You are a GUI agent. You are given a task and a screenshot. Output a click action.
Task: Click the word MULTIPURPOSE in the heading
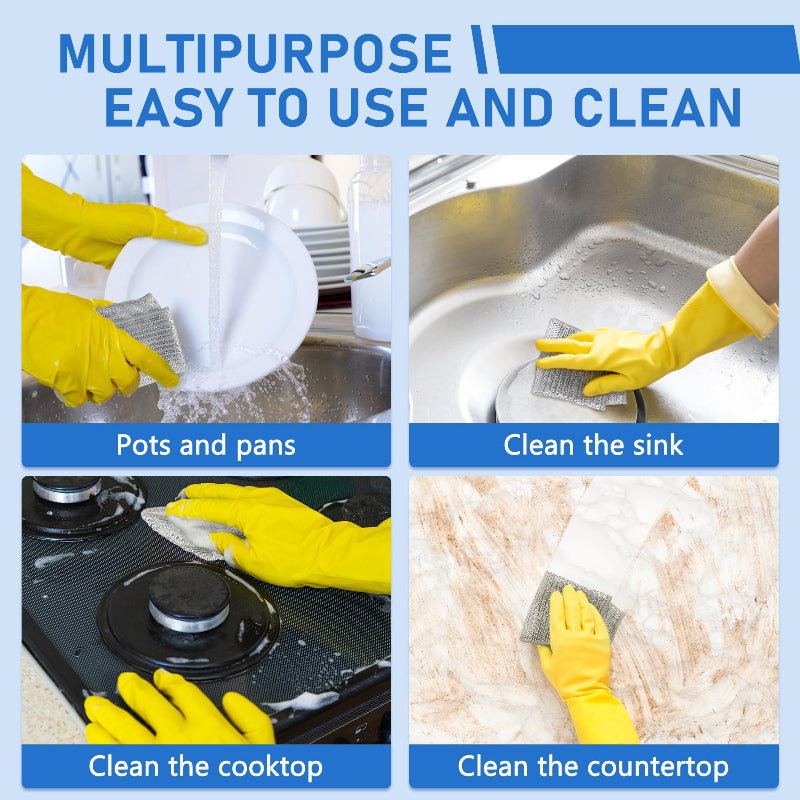point(255,54)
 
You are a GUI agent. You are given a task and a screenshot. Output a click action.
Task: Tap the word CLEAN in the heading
point(657,107)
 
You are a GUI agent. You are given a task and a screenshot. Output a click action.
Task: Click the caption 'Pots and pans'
point(206,445)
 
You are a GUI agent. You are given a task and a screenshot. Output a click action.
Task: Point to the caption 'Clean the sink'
point(593,445)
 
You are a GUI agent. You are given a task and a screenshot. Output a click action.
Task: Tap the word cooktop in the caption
point(270,767)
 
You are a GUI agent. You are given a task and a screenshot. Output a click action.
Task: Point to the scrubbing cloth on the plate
point(145,332)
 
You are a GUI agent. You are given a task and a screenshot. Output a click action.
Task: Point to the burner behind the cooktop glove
point(66,490)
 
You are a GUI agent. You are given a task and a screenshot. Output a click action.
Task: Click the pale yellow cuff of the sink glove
point(742,298)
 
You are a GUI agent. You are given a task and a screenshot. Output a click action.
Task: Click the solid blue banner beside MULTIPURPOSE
point(645,49)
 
